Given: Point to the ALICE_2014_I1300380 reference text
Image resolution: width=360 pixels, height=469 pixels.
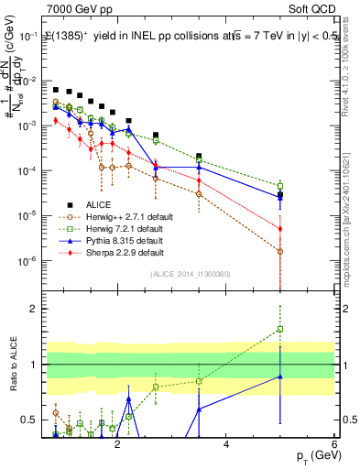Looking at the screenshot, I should pos(190,273).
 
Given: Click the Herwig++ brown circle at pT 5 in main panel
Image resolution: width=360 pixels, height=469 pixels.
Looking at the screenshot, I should pos(280,250).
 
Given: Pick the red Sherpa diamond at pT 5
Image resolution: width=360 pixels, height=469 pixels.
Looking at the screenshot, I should pos(280,229).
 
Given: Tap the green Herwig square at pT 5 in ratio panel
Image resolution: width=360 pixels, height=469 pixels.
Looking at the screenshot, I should pos(280,329).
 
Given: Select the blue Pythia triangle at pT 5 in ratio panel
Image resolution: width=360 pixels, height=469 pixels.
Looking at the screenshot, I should pos(280,376).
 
